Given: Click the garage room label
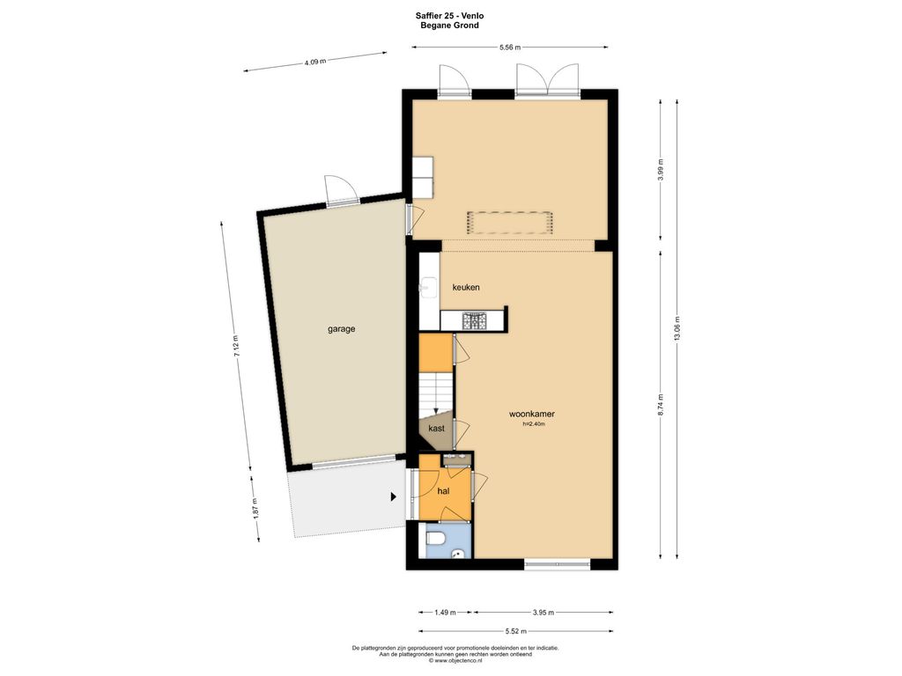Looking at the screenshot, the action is (342, 329).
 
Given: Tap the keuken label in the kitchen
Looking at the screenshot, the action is (466, 288).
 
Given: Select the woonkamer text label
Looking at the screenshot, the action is (532, 414).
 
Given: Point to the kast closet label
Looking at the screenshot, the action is (437, 429).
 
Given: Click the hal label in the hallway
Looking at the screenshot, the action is (444, 491).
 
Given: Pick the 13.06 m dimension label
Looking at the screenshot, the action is (677, 329).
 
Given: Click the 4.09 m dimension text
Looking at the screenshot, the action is (315, 62).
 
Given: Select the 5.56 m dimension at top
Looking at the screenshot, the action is (510, 48).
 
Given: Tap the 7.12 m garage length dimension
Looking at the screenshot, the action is (236, 346).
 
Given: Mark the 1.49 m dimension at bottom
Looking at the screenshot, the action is (445, 613).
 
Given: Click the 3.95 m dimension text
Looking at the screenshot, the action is (543, 613).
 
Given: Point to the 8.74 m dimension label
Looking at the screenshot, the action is (661, 405).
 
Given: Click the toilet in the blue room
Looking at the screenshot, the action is (434, 539).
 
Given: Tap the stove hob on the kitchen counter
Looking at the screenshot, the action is (475, 320).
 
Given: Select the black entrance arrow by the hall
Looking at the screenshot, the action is (394, 496).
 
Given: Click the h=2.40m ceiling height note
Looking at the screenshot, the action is (533, 424).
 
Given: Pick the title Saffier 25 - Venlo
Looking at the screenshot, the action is (450, 16).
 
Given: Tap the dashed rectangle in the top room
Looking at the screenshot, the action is (510, 223).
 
